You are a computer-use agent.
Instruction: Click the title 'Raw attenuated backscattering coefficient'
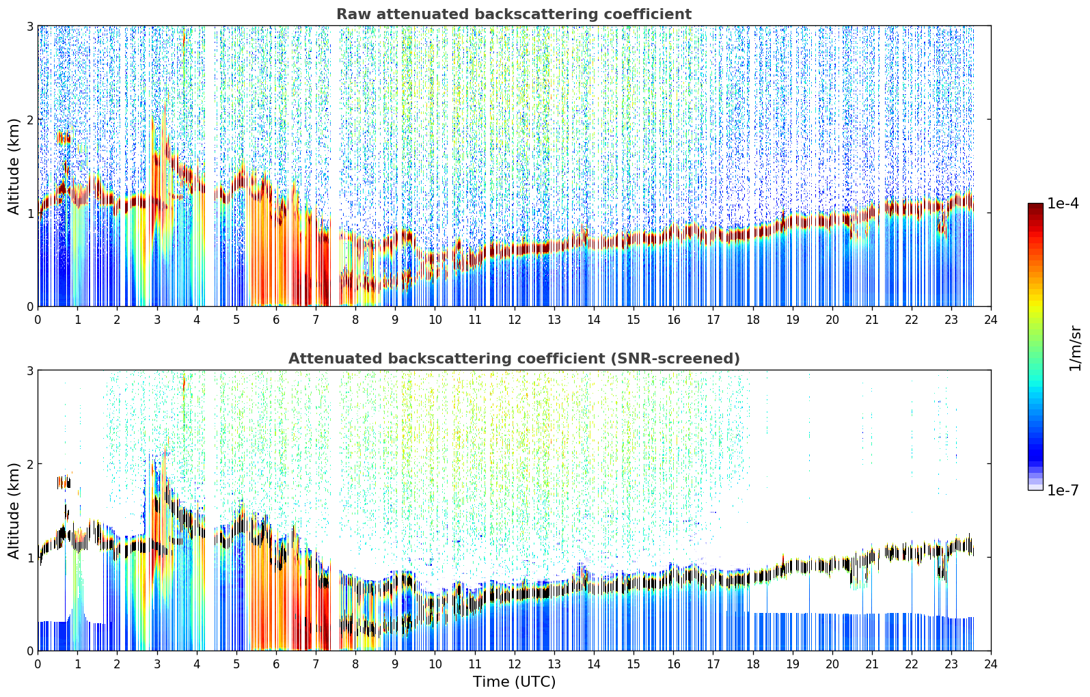(514, 14)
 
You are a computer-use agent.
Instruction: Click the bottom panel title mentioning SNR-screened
(514, 359)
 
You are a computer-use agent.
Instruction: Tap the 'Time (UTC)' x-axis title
(514, 682)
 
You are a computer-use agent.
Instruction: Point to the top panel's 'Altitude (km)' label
(14, 167)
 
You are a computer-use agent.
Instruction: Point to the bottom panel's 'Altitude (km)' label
(14, 511)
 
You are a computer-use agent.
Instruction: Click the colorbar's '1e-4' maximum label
(1063, 204)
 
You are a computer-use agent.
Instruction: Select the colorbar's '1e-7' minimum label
(1063, 490)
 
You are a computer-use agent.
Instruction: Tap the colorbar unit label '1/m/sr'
(1076, 348)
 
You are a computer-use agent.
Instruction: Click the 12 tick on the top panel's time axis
(515, 320)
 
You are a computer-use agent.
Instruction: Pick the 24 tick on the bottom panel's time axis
(991, 664)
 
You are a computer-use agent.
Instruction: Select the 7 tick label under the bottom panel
(316, 664)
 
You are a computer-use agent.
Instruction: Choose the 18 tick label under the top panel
(753, 320)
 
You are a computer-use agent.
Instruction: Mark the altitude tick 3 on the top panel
(29, 26)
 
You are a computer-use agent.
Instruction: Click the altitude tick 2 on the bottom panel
(29, 464)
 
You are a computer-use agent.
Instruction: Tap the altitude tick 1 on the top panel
(29, 213)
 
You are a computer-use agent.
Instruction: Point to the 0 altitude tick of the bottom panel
(29, 651)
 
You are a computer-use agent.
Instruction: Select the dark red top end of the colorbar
(1035, 206)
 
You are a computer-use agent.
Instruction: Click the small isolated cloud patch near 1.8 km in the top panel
(64, 138)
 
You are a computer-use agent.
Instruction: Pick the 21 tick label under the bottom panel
(872, 664)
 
